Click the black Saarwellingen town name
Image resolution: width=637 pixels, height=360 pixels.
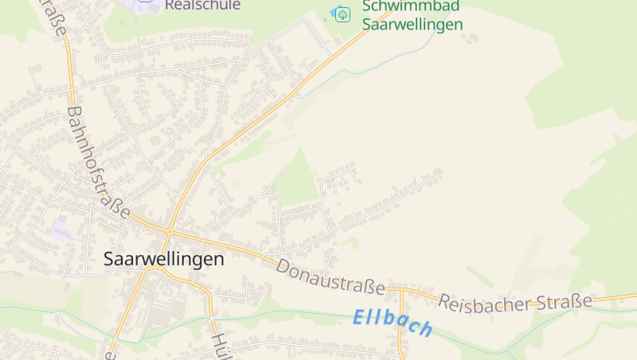point(164,259)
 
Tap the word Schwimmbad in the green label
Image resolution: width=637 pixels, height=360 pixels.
point(410,6)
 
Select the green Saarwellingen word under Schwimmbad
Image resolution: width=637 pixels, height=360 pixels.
point(412,24)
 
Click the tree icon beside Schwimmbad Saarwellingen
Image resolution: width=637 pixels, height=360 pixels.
point(342,14)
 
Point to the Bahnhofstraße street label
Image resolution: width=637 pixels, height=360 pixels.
point(98,163)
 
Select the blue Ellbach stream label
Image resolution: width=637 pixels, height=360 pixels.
point(393,322)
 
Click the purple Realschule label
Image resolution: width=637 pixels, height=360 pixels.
point(201,5)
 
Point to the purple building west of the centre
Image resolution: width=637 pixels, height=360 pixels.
point(61,232)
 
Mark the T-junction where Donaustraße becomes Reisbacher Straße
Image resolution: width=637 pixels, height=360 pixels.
point(402,291)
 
